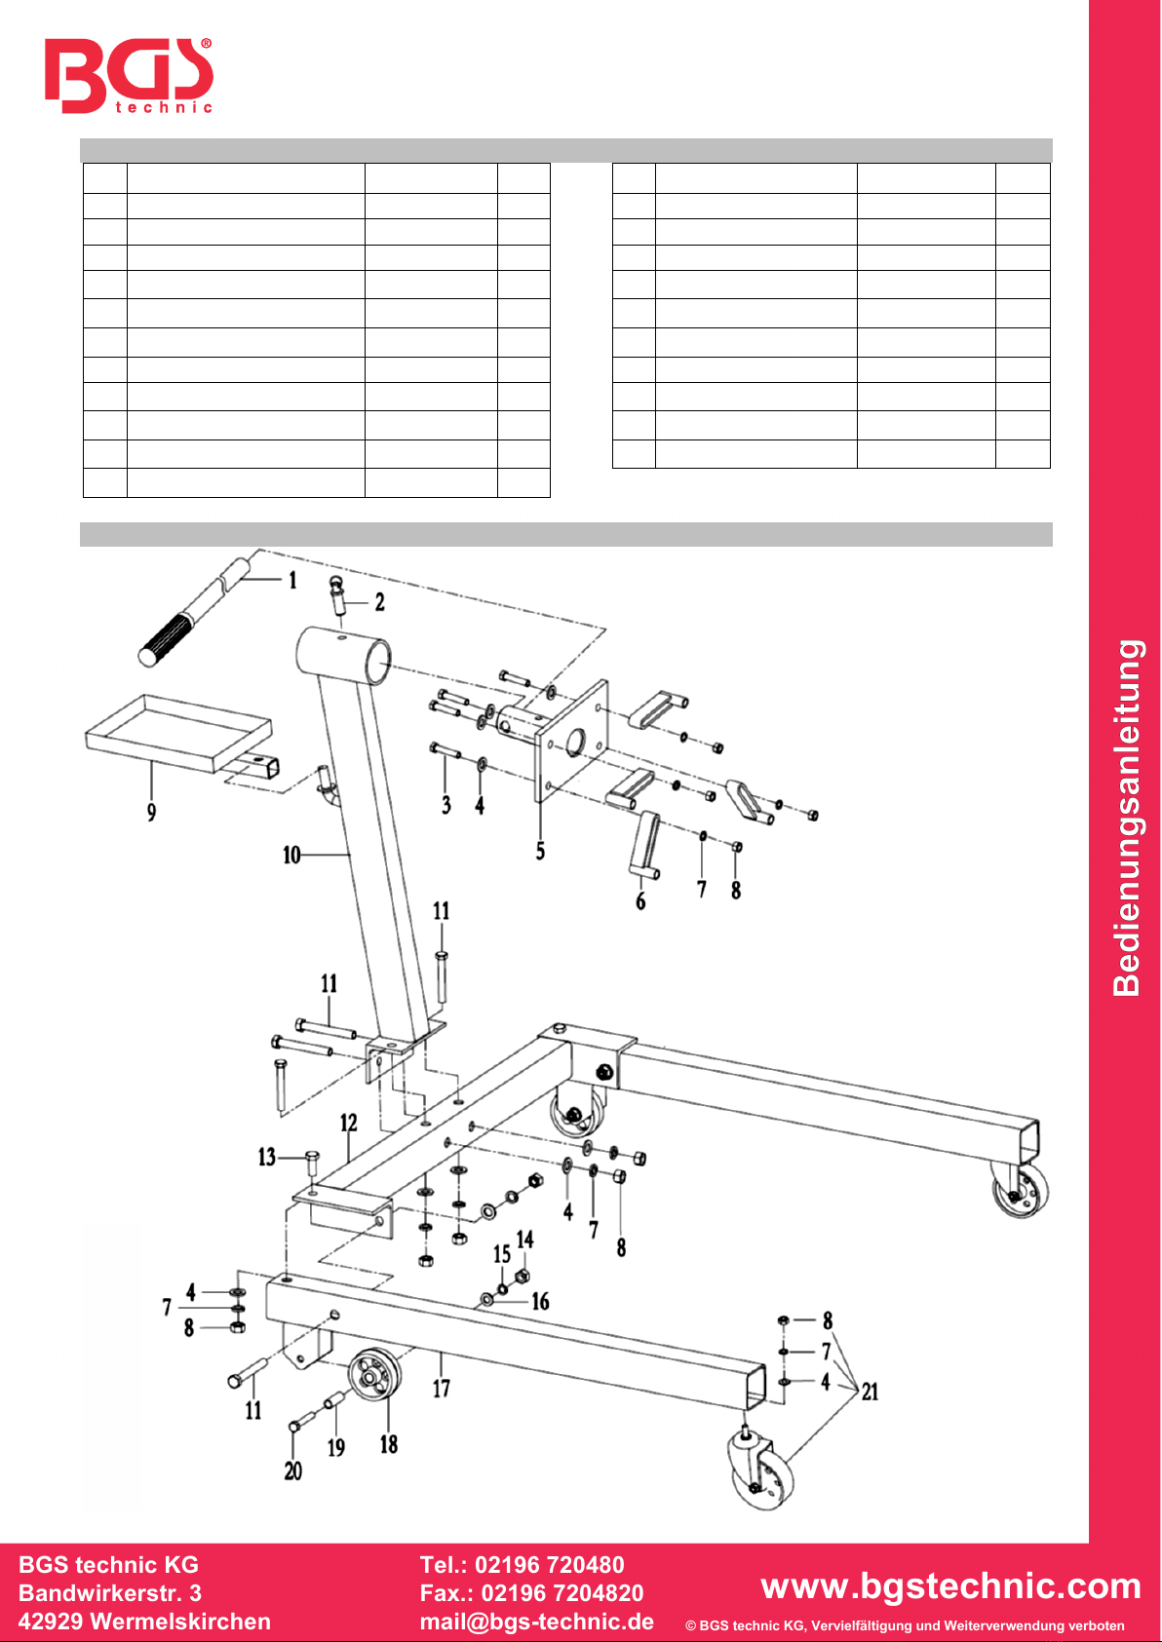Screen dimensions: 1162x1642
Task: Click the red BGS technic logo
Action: click(x=129, y=75)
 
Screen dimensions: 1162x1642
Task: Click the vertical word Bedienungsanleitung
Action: click(x=1128, y=818)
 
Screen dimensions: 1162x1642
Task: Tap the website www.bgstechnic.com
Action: click(x=950, y=1585)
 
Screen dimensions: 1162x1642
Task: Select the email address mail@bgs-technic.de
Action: click(x=537, y=1621)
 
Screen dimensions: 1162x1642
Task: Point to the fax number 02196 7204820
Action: click(x=562, y=1593)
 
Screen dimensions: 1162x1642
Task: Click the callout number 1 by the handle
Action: click(x=292, y=581)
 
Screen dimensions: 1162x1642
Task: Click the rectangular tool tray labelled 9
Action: click(x=179, y=732)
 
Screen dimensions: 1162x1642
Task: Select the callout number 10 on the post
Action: click(x=291, y=855)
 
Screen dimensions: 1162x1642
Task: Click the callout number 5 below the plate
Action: click(x=540, y=851)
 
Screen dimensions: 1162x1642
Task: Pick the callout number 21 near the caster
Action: click(x=870, y=1392)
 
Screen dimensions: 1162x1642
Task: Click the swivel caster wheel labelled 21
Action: click(x=761, y=1469)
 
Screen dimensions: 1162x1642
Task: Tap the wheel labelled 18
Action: click(x=374, y=1374)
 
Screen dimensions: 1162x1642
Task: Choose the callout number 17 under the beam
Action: click(x=442, y=1388)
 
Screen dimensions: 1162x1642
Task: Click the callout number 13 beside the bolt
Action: click(x=266, y=1157)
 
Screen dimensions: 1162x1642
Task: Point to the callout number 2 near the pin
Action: click(x=380, y=602)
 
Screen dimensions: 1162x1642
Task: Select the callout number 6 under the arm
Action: click(x=640, y=900)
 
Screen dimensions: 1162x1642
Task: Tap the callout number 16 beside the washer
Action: click(x=540, y=1301)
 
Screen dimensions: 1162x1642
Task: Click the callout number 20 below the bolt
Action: click(x=293, y=1471)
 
